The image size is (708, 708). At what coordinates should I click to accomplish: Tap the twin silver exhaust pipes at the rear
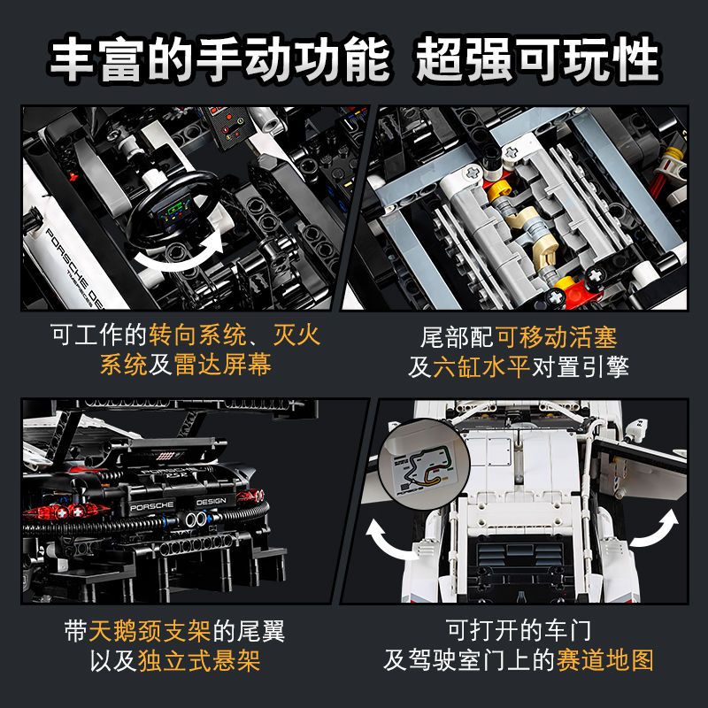[196, 536]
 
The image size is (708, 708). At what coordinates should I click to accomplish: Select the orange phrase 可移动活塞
[557, 336]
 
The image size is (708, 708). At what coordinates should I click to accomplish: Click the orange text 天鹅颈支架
[140, 630]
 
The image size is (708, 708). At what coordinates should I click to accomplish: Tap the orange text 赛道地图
[605, 660]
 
